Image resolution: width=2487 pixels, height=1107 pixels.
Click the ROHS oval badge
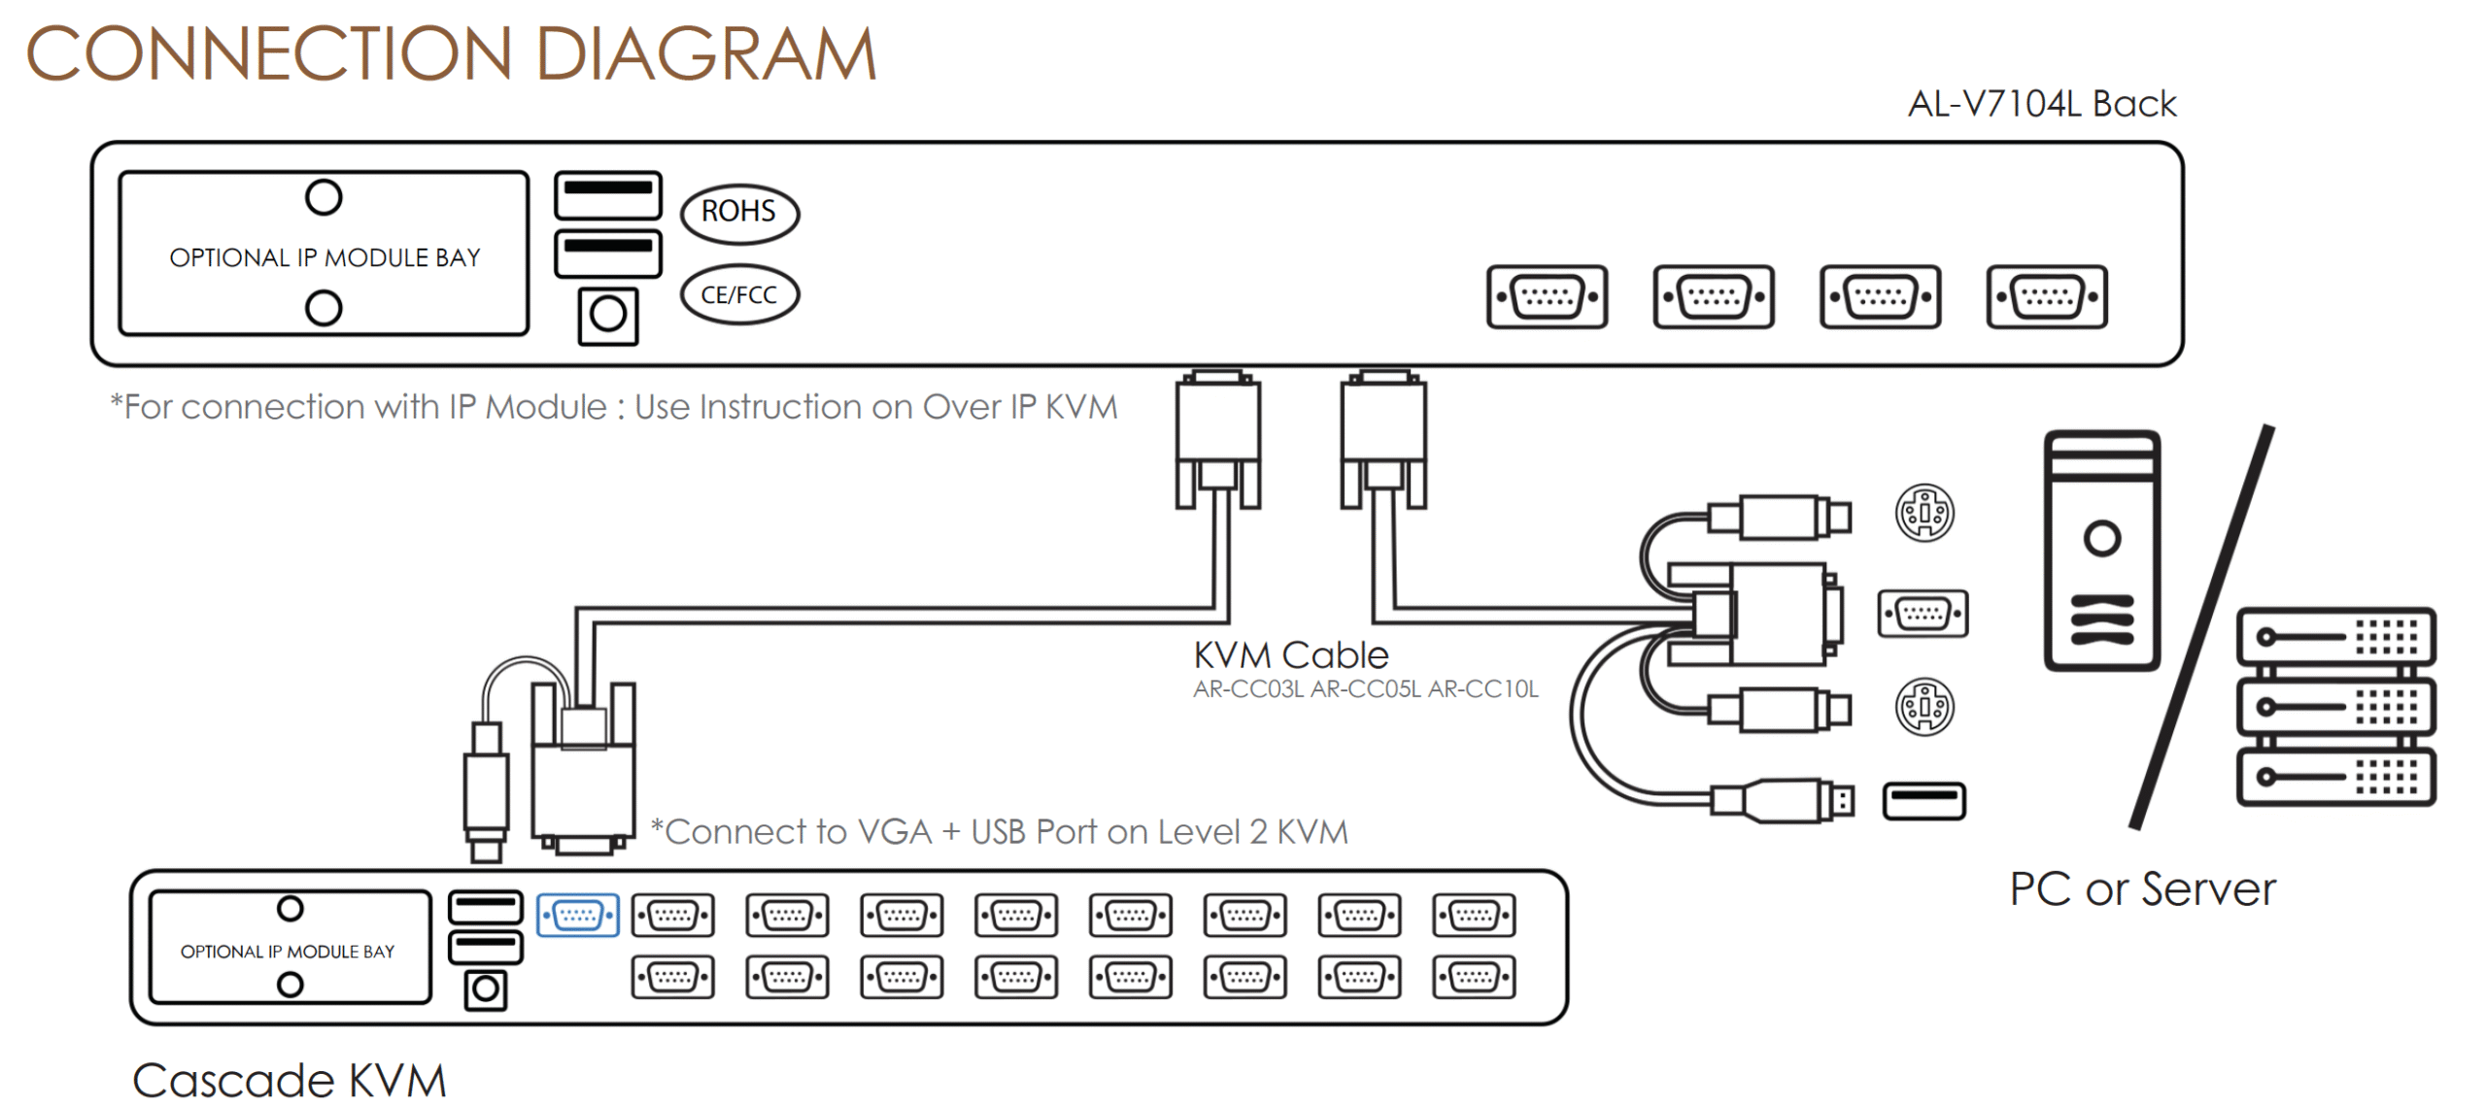(739, 213)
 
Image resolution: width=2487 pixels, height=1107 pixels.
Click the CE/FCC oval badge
(739, 294)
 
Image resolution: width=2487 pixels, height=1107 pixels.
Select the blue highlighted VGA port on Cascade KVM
(578, 915)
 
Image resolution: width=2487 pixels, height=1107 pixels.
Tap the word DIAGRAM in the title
(705, 54)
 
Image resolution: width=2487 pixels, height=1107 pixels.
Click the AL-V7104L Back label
(2041, 104)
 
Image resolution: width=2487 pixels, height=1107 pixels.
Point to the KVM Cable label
(1290, 655)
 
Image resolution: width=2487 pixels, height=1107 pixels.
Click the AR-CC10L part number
(1483, 689)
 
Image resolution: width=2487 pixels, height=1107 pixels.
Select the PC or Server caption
(2142, 889)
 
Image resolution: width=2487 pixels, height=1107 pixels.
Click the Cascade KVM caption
(289, 1080)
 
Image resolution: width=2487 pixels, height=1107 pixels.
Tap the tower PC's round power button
(2101, 538)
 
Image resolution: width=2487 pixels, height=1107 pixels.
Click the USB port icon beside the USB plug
(1924, 801)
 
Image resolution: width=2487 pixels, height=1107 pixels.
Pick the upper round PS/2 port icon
(1925, 513)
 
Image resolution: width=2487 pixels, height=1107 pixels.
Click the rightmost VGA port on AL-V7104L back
(2047, 296)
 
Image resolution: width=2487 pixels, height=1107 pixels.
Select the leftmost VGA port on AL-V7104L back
(1547, 296)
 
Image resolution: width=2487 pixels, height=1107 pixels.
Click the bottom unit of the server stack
(2335, 777)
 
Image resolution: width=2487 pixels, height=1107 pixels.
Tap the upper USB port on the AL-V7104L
(608, 194)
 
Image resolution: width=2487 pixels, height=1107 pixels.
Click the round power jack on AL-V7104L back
(608, 315)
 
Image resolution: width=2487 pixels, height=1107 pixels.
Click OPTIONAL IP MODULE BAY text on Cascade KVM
(288, 952)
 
